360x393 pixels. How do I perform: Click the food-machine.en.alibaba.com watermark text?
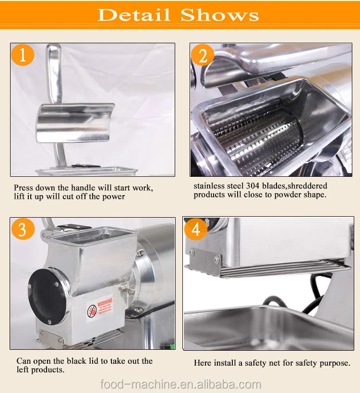click(180, 384)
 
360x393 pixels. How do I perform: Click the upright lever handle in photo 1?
click(54, 72)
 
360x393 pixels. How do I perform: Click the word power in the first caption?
click(112, 196)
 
